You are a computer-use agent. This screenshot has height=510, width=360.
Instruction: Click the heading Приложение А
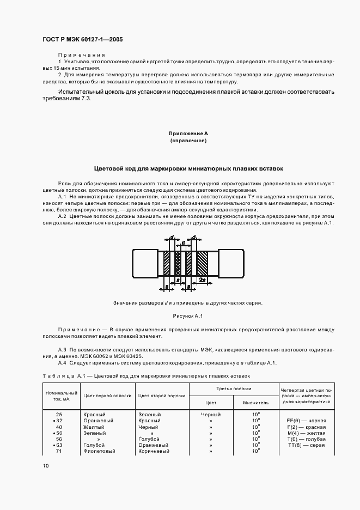188,133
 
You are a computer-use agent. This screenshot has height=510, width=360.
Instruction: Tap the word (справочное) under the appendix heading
188,141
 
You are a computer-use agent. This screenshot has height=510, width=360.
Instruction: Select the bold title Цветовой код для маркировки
188,169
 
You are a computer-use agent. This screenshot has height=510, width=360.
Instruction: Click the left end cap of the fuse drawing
145,262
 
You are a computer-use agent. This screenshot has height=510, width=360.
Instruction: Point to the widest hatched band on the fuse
202,263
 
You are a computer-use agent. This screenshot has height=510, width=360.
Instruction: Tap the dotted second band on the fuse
178,263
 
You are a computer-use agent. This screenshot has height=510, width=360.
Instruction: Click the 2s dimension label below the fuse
202,279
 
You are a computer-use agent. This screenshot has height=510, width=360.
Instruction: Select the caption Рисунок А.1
188,316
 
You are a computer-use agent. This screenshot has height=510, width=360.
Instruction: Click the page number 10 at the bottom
46,466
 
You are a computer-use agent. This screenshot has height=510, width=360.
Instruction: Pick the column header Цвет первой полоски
107,396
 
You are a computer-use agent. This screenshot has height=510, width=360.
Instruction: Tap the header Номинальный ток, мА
62,396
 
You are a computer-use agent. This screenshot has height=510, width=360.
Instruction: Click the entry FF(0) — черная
306,421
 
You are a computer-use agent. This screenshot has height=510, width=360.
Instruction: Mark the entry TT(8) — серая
306,445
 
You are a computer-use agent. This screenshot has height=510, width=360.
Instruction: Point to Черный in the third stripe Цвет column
211,414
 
